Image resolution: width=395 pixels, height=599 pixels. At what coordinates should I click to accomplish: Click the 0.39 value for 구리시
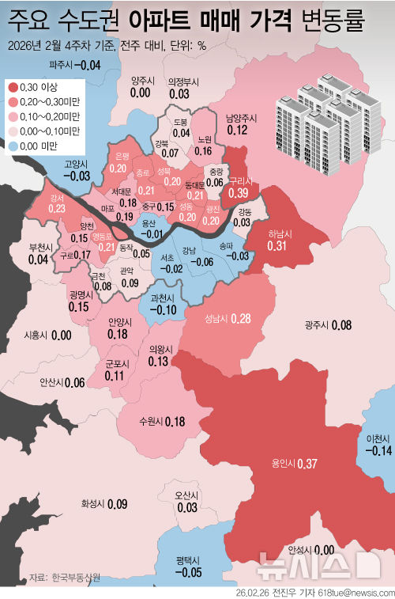(238, 192)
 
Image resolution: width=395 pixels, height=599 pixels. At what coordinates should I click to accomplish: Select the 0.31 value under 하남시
(277, 246)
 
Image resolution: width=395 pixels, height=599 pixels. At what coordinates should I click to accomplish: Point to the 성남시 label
(216, 319)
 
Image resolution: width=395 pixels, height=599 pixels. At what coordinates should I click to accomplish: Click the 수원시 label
(150, 421)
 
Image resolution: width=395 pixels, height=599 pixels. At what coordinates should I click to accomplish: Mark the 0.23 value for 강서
(56, 208)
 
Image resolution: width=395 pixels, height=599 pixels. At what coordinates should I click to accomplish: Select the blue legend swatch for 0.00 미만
(13, 146)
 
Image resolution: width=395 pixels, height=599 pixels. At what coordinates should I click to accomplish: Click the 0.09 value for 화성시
(117, 503)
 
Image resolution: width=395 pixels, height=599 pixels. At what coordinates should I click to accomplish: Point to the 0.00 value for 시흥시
(62, 335)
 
